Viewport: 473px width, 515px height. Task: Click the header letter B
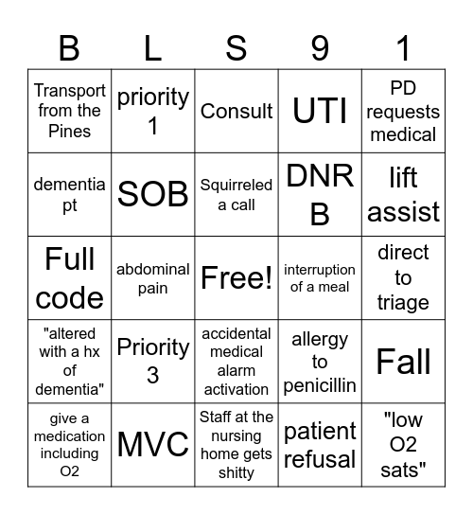pyautogui.click(x=70, y=45)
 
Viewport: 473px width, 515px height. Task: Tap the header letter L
pyautogui.click(x=153, y=45)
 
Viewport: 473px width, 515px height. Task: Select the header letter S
pyautogui.click(x=236, y=45)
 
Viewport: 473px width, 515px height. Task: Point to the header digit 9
pyautogui.click(x=320, y=45)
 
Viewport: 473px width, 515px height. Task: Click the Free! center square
pyautogui.click(x=236, y=278)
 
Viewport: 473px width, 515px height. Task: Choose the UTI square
pyautogui.click(x=320, y=111)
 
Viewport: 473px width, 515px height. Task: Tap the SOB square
pyautogui.click(x=153, y=194)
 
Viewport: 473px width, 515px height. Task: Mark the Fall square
pyautogui.click(x=403, y=362)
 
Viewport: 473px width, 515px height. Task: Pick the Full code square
pyautogui.click(x=70, y=278)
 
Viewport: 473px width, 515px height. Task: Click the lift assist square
pyautogui.click(x=403, y=194)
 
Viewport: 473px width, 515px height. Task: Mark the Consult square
pyautogui.click(x=236, y=111)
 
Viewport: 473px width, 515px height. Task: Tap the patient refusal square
pyautogui.click(x=320, y=445)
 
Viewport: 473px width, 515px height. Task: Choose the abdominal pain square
pyautogui.click(x=153, y=278)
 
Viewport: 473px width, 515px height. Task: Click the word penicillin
pyautogui.click(x=320, y=384)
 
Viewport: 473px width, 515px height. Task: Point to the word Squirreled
pyautogui.click(x=236, y=186)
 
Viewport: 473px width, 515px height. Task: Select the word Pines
pyautogui.click(x=70, y=132)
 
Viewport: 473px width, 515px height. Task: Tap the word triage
pyautogui.click(x=403, y=303)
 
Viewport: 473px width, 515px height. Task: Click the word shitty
pyautogui.click(x=236, y=472)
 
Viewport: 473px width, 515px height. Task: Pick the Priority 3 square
pyautogui.click(x=153, y=362)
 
